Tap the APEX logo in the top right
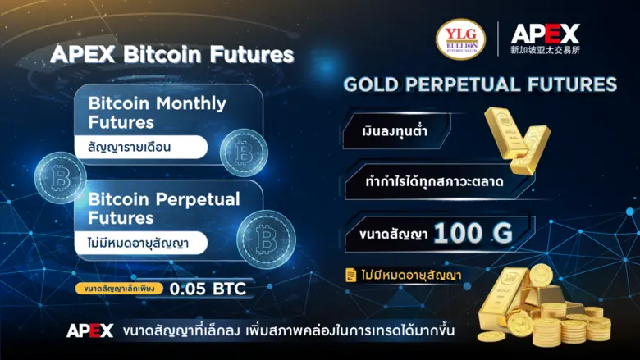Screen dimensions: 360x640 [x=545, y=33]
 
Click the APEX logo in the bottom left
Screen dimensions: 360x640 [x=89, y=331]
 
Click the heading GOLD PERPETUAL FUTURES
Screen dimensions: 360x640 [x=480, y=84]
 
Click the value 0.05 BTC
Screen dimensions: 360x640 [x=207, y=289]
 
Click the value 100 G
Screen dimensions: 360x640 [x=473, y=234]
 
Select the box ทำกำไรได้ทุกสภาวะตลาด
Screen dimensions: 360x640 [x=435, y=180]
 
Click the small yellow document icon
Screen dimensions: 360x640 [x=350, y=274]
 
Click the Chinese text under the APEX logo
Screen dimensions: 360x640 [x=546, y=50]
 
